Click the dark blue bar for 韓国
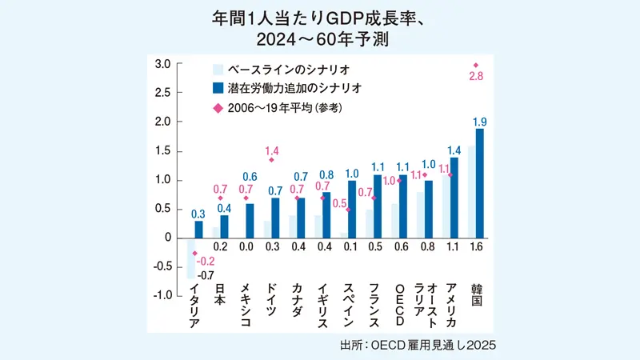coord(479,183)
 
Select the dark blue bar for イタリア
coord(198,230)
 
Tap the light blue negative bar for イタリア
coord(190,258)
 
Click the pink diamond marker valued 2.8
coord(476,65)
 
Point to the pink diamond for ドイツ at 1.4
coord(271,160)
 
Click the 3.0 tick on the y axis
coord(163,64)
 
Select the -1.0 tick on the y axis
coord(162,296)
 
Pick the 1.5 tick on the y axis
coord(163,151)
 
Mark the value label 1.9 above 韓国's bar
coord(480,121)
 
